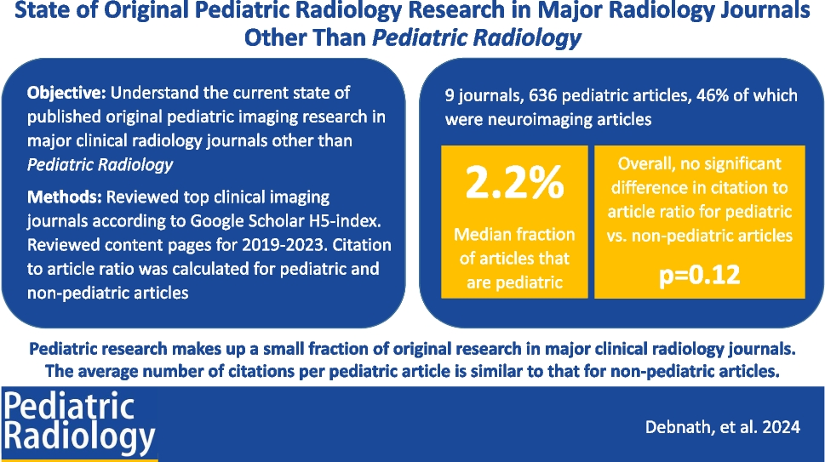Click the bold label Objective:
[66, 93]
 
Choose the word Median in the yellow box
[482, 235]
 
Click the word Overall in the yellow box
[644, 163]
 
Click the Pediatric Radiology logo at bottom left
[79, 424]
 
